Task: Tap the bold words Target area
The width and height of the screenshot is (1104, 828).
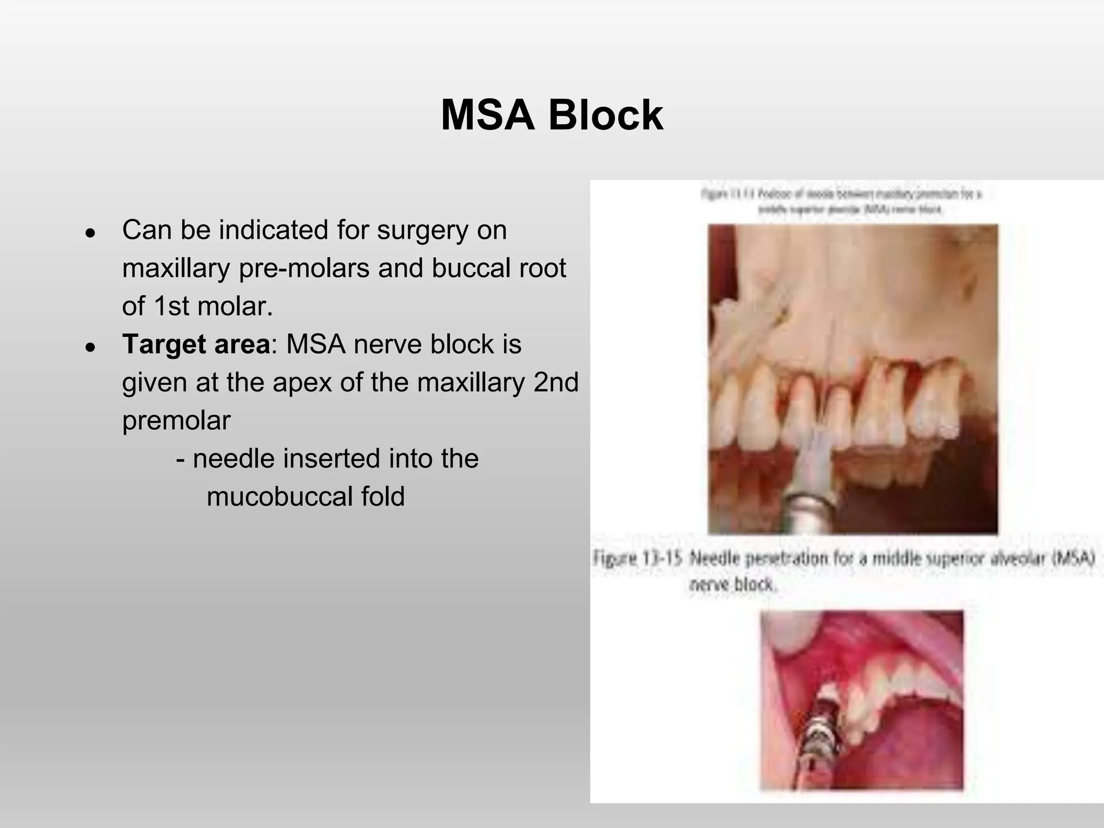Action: (x=196, y=344)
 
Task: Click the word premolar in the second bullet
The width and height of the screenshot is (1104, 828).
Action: (x=176, y=420)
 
